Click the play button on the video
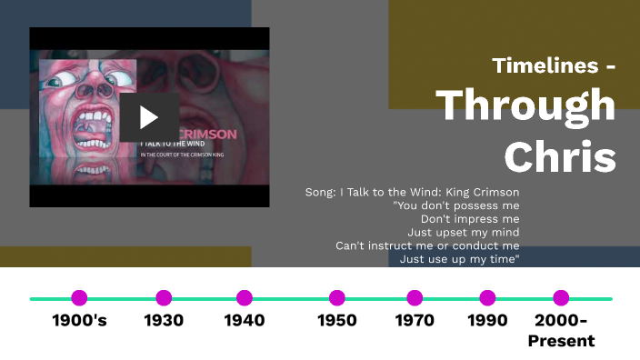149,116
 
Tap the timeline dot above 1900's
79,297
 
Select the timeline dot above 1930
164,297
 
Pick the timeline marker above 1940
244,297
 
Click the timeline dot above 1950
337,297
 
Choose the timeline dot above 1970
415,297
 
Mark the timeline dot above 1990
487,297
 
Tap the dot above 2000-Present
561,297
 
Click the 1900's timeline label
79,320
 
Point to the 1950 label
337,320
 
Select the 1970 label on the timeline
415,320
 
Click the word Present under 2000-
561,341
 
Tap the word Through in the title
525,105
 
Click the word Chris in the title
560,156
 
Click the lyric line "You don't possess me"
455,205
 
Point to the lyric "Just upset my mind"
471,232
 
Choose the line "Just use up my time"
459,259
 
